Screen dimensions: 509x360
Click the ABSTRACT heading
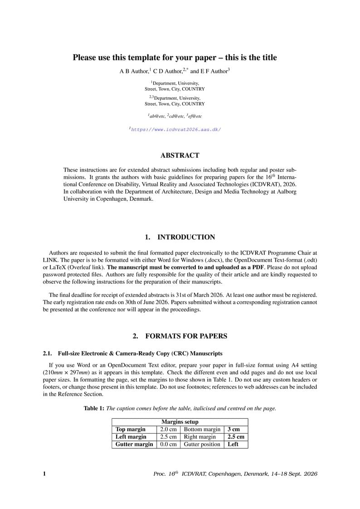click(180, 155)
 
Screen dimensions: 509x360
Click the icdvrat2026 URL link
click(175, 129)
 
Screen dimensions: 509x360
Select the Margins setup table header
click(180, 422)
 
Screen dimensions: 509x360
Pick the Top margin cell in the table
click(131, 429)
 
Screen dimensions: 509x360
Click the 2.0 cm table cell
click(168, 429)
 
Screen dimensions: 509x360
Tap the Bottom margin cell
click(202, 429)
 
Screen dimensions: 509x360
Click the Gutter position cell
click(202, 444)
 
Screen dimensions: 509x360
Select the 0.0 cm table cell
click(168, 444)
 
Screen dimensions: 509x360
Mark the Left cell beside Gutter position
click(233, 444)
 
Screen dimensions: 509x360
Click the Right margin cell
click(200, 437)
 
